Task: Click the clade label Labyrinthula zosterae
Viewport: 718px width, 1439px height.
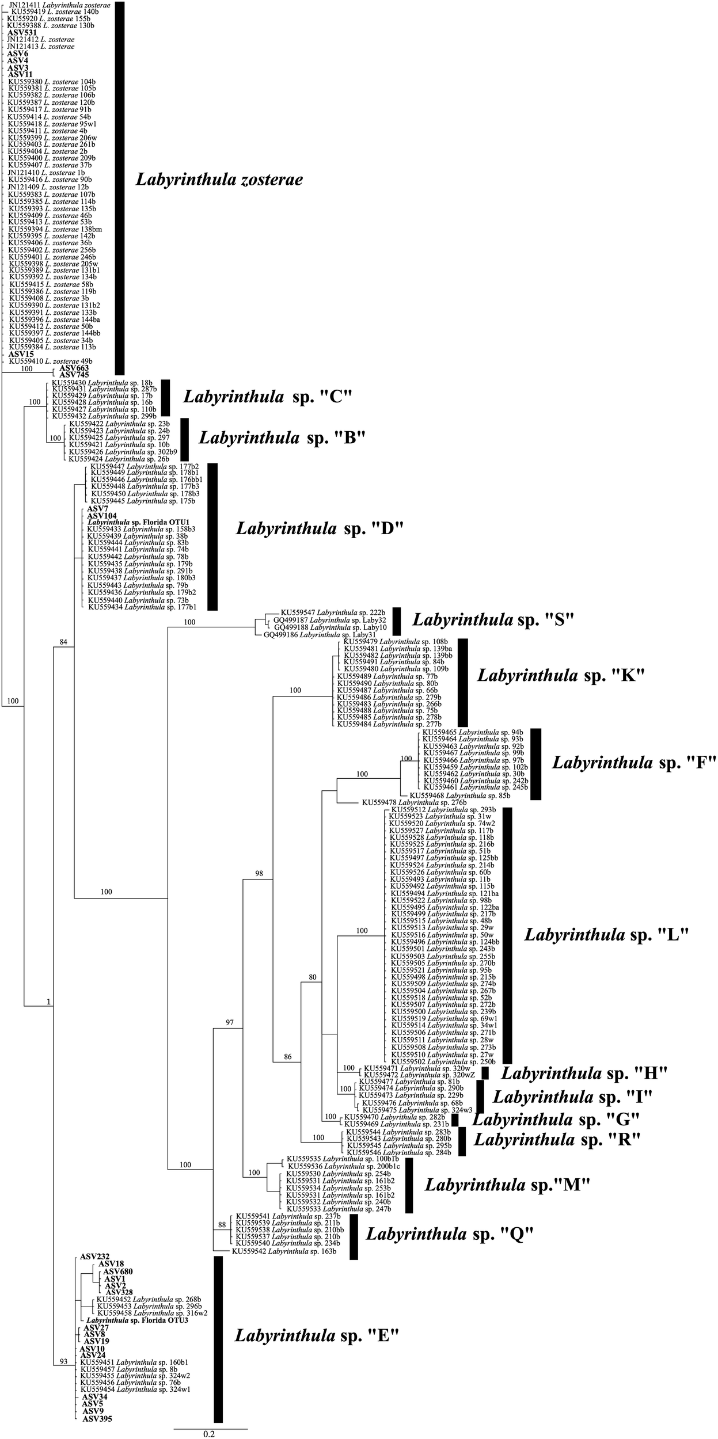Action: [x=219, y=180]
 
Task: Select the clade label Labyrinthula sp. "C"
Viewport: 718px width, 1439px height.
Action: [x=267, y=397]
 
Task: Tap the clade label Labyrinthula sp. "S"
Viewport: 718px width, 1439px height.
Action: [x=493, y=620]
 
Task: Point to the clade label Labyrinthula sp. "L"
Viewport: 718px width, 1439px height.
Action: [x=606, y=935]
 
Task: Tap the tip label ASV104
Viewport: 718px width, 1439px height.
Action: [x=101, y=516]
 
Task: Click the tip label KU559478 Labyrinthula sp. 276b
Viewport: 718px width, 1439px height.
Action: [x=413, y=802]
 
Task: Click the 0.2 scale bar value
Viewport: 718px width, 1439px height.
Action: [x=209, y=1434]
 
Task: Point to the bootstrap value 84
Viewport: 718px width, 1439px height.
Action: [x=63, y=642]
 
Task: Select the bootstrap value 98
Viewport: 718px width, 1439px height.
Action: [x=259, y=874]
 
